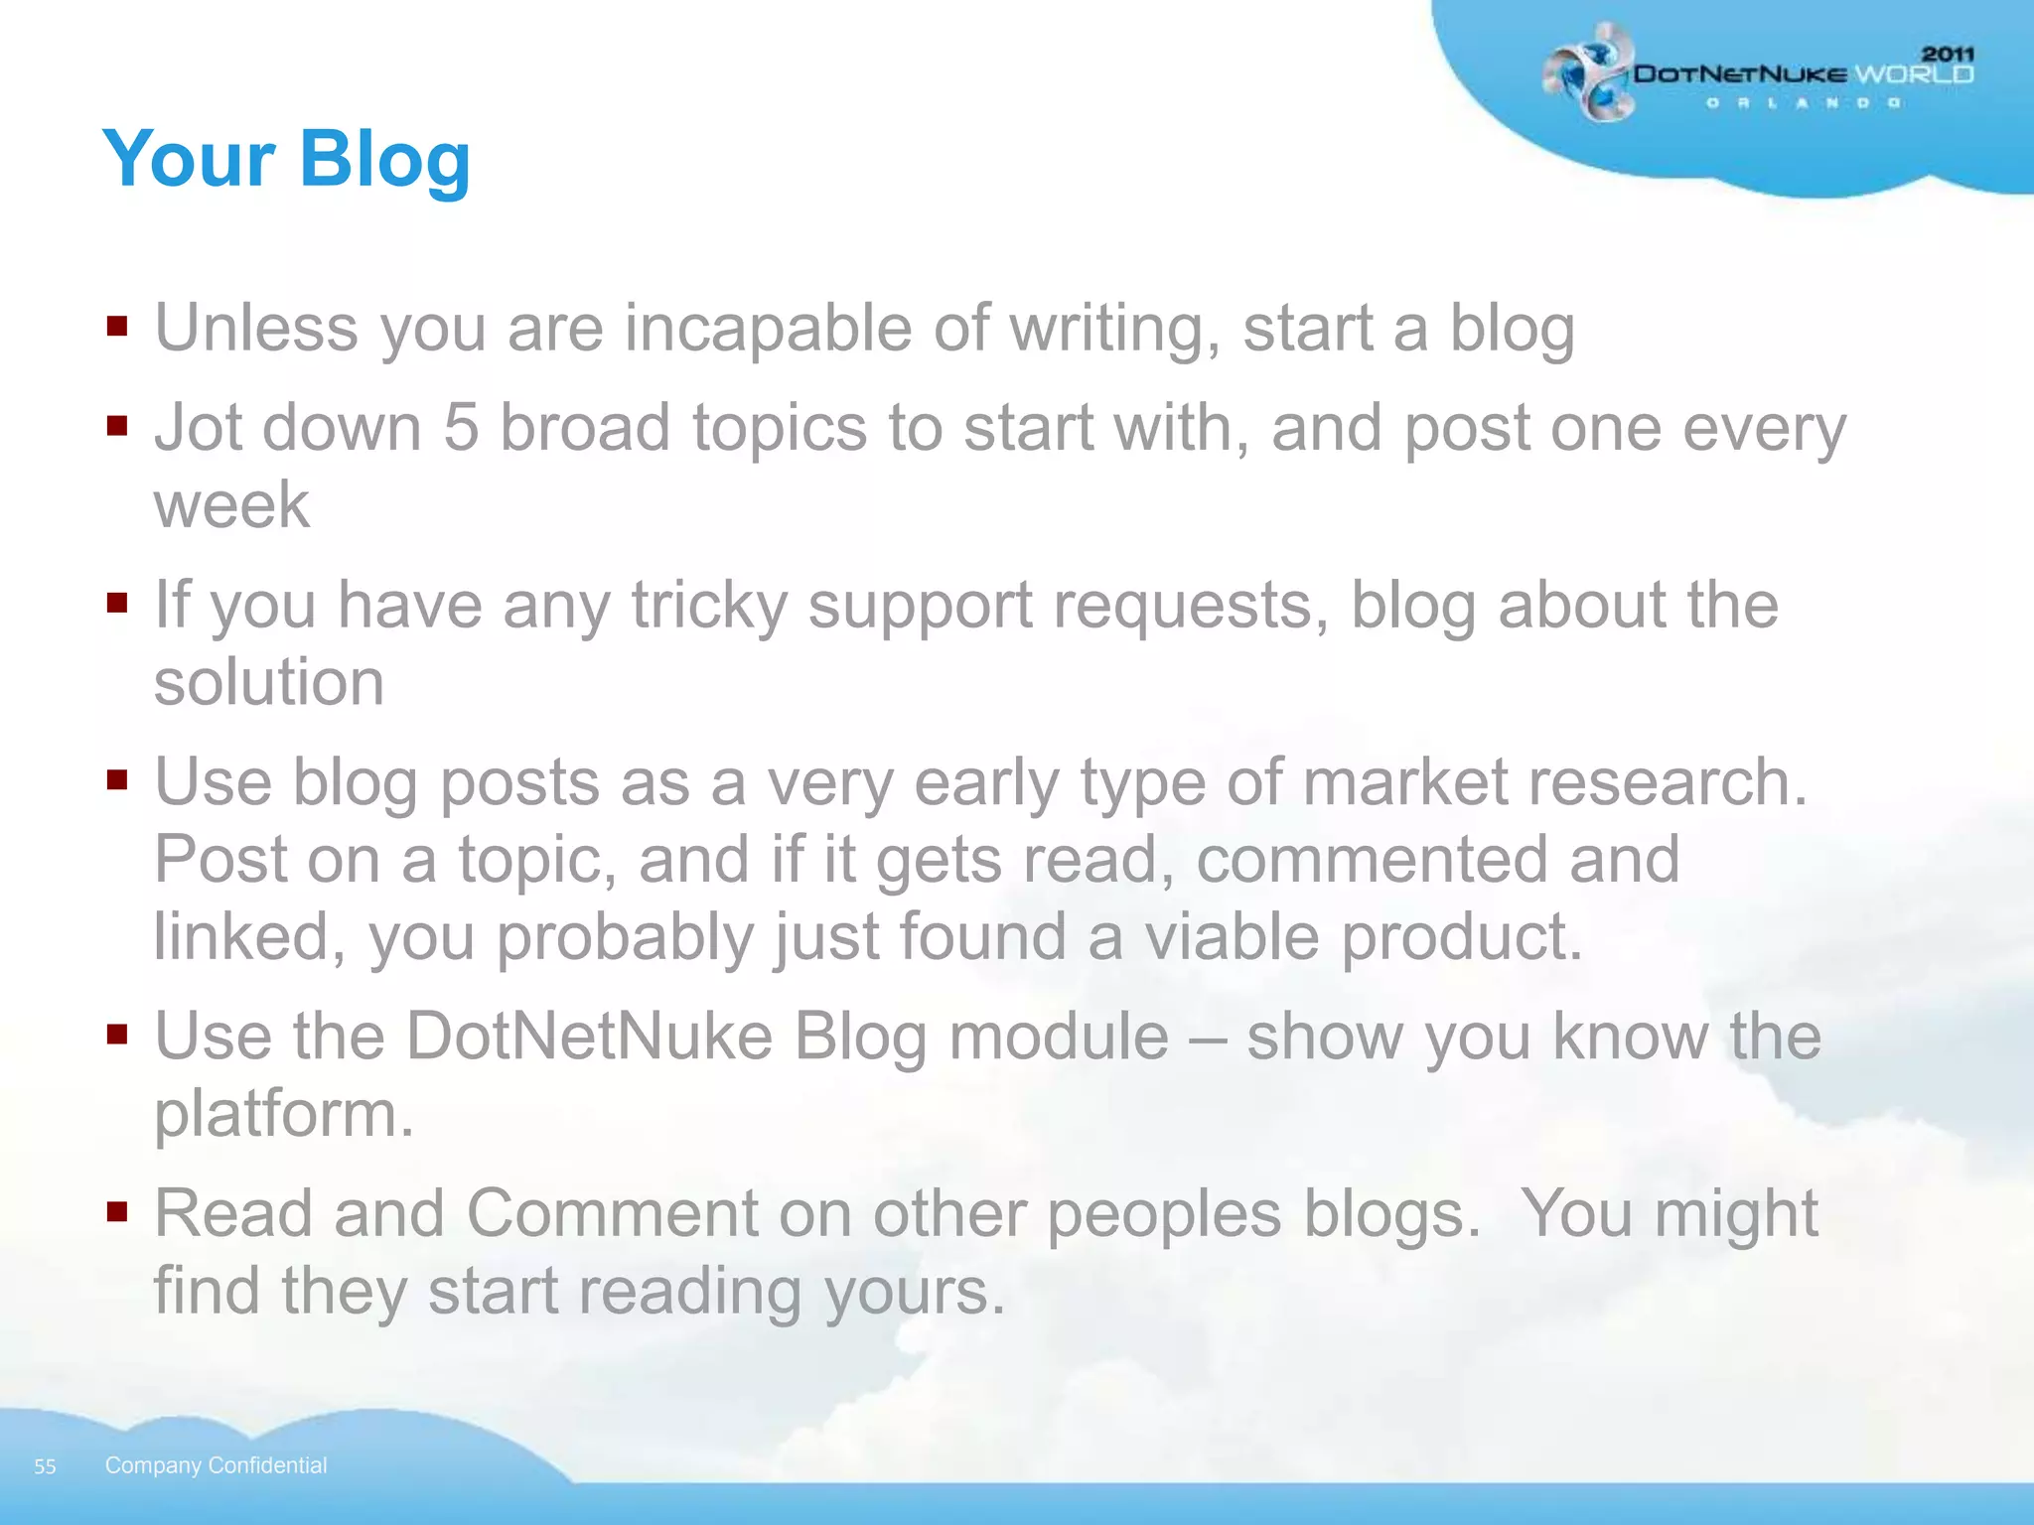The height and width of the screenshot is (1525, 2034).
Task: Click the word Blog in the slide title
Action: [x=384, y=159]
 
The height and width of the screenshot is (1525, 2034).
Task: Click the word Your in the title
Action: [x=189, y=159]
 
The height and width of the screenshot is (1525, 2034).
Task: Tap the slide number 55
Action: [x=45, y=1466]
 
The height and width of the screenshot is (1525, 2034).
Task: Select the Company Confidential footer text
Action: [x=216, y=1465]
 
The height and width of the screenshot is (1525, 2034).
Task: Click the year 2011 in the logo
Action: [x=1948, y=55]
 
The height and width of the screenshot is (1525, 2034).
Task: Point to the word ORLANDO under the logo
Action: [x=1804, y=103]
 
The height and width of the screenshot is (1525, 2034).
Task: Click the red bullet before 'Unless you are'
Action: [x=118, y=327]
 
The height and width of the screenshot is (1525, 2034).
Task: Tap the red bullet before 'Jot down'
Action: [x=118, y=426]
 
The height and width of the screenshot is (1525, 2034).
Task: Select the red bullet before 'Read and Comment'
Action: [x=118, y=1211]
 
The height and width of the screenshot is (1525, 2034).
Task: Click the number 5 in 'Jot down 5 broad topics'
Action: [x=461, y=428]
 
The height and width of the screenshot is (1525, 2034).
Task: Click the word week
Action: [x=231, y=504]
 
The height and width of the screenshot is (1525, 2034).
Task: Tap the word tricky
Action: [x=709, y=606]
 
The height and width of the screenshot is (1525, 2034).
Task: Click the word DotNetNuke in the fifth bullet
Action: [x=589, y=1037]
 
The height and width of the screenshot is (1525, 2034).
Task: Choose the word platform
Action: [x=282, y=1115]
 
